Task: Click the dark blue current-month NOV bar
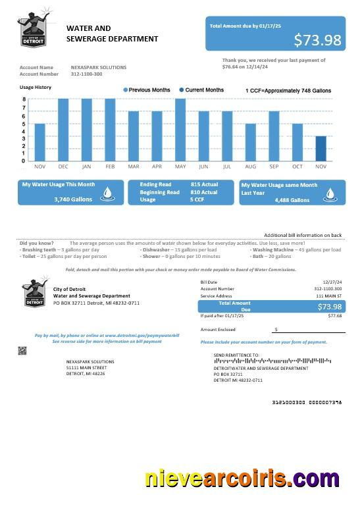point(321,148)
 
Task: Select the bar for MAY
point(180,130)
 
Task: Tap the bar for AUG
point(250,142)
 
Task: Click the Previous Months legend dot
point(125,90)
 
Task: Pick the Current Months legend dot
point(182,90)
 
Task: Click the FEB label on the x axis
point(110,167)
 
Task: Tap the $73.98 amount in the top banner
point(317,40)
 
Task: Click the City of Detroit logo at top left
point(33,31)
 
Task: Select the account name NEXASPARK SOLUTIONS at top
point(99,67)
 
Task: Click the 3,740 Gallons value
point(73,199)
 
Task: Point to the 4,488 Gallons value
point(292,199)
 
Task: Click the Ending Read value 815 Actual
point(204,184)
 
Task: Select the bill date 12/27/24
point(332,282)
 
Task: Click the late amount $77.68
point(335,316)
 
